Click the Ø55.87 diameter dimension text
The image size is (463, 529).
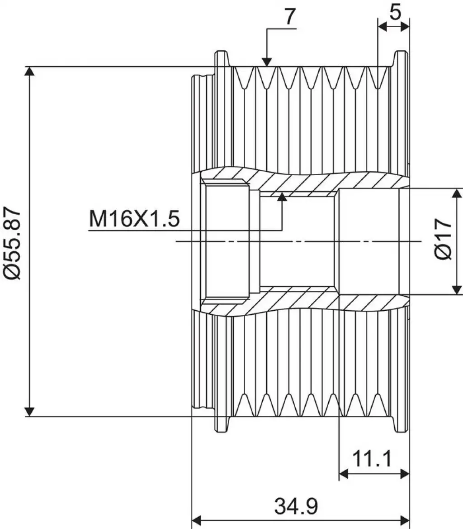pos(13,243)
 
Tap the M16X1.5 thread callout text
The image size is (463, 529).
pos(134,219)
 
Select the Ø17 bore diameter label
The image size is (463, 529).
pos(444,239)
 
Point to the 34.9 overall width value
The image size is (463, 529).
pos(296,506)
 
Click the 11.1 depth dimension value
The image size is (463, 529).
pos(372,459)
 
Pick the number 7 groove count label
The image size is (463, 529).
pos(291,16)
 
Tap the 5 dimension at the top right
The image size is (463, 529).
pos(395,13)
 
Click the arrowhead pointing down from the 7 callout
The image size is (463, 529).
pos(267,62)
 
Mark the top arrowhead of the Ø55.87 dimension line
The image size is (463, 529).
pos(30,72)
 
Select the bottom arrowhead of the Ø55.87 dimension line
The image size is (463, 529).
pos(30,412)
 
